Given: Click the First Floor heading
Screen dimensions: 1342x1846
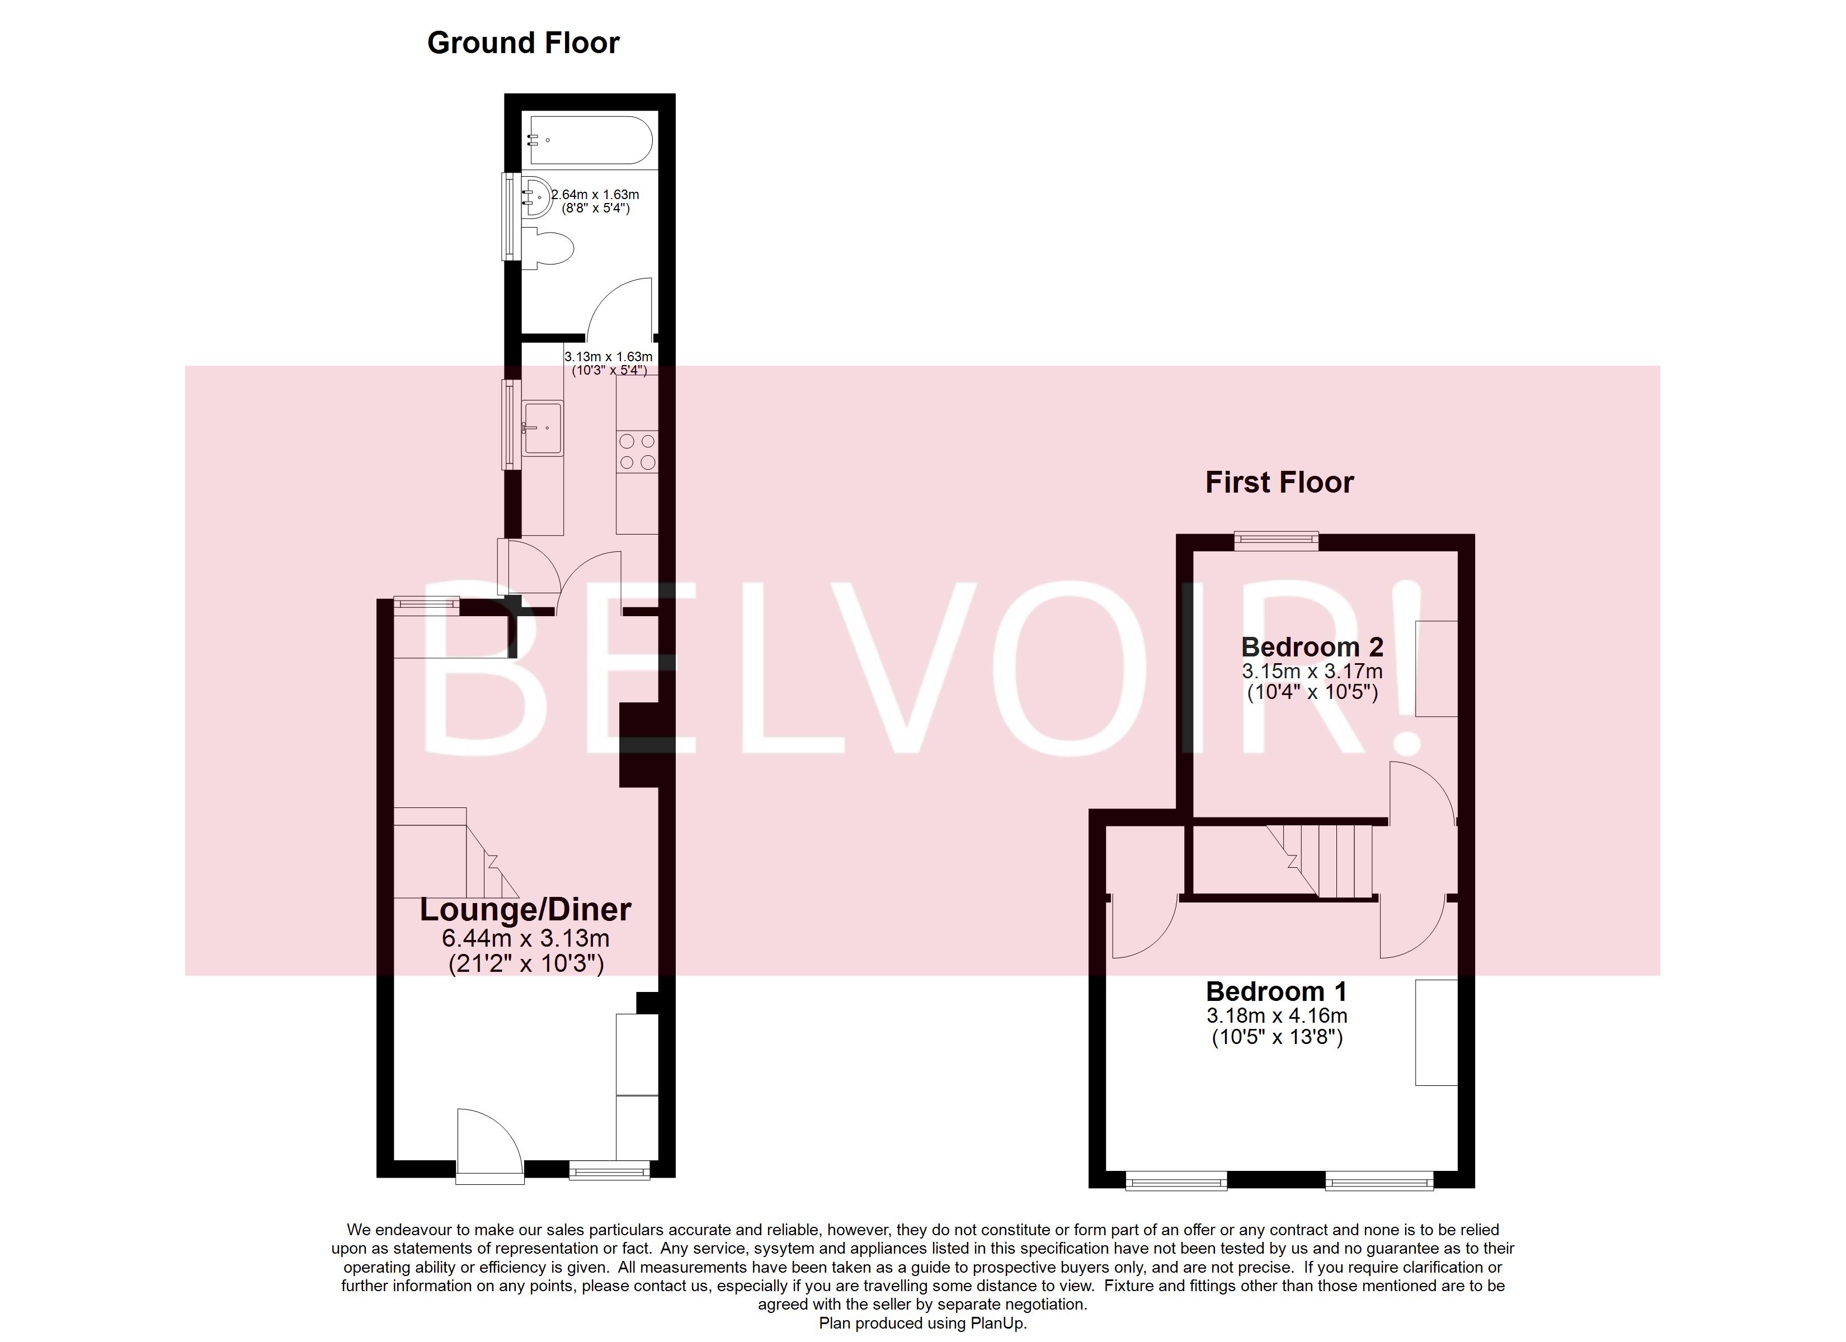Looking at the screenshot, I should pyautogui.click(x=1279, y=483).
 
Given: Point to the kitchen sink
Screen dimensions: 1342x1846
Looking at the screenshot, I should pyautogui.click(x=542, y=427).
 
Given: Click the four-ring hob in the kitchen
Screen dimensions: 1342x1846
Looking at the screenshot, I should pyautogui.click(x=637, y=452).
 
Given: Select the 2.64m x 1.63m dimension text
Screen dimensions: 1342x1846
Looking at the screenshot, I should pyautogui.click(x=596, y=195).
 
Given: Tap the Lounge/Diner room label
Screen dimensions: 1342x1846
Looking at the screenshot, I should pyautogui.click(x=525, y=910).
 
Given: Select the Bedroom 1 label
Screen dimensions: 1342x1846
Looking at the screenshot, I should pyautogui.click(x=1275, y=991).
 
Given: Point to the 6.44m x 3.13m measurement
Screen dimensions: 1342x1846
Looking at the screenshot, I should pyautogui.click(x=525, y=938).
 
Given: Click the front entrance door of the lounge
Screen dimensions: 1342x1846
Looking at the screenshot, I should pyautogui.click(x=489, y=1147).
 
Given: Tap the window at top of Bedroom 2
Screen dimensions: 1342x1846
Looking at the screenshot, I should pyautogui.click(x=1275, y=540).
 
